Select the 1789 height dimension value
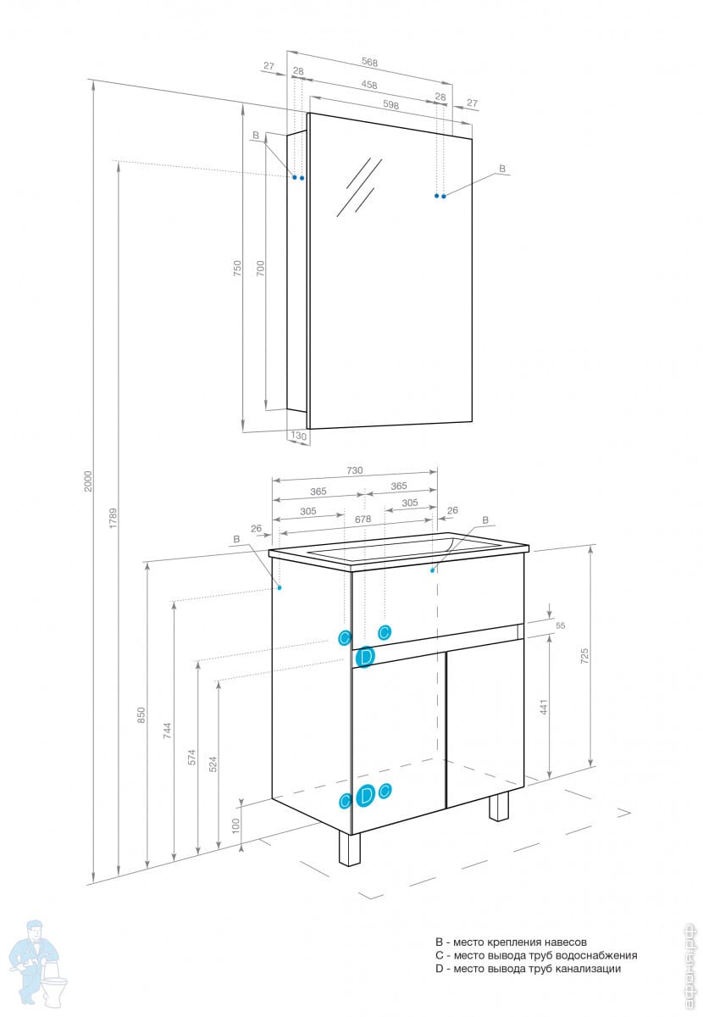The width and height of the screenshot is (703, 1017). [x=113, y=518]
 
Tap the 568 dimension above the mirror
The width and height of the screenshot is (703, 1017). [x=369, y=61]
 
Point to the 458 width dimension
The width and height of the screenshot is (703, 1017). [x=369, y=84]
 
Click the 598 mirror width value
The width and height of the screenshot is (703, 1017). [x=390, y=105]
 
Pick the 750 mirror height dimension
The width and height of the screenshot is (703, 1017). [x=238, y=268]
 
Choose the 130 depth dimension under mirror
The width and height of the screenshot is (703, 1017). [x=298, y=436]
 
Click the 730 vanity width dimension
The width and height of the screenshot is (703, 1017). [x=354, y=470]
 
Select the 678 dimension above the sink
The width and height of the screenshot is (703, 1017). [x=363, y=520]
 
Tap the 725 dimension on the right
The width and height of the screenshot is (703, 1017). [x=584, y=655]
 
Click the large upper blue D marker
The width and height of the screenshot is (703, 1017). [x=365, y=657]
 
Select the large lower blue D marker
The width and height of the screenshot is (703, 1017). [x=365, y=795]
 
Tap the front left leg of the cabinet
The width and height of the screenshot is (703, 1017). [x=350, y=847]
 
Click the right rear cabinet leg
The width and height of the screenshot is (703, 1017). [x=499, y=807]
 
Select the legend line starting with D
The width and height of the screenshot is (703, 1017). [x=528, y=969]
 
